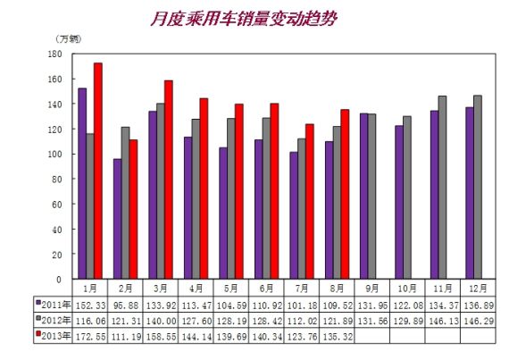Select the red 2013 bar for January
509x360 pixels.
click(x=98, y=171)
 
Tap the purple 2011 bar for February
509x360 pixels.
click(x=117, y=218)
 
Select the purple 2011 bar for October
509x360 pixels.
click(x=399, y=202)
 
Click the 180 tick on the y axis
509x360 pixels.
click(x=54, y=54)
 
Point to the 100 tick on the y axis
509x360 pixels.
click(x=54, y=154)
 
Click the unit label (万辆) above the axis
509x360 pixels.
click(x=68, y=38)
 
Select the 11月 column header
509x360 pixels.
click(x=443, y=289)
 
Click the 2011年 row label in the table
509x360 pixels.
click(x=55, y=305)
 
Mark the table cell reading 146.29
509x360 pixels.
click(x=478, y=319)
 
